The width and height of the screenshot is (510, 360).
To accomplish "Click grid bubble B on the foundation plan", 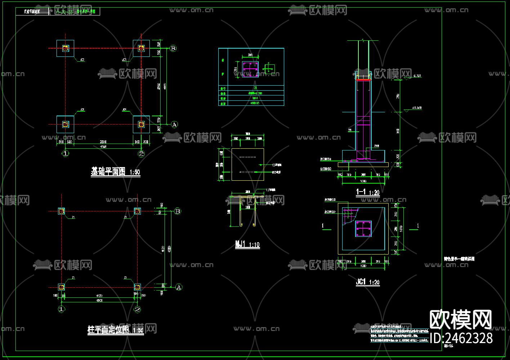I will click(173, 48).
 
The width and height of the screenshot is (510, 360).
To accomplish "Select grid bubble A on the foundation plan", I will click(174, 125).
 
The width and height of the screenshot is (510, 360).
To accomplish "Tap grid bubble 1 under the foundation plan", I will click(65, 154).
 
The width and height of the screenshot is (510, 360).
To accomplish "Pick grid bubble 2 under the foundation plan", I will click(141, 154).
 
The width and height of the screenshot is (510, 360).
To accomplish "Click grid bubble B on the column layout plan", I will click(178, 211).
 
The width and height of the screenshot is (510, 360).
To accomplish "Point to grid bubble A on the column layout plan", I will click(179, 287).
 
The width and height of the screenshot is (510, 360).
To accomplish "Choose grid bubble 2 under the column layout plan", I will click(137, 309).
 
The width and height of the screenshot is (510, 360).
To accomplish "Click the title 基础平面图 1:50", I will click(115, 172).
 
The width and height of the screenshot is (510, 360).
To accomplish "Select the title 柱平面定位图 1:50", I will click(116, 330).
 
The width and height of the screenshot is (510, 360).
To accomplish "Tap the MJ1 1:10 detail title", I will click(247, 245).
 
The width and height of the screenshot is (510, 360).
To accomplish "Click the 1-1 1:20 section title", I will click(368, 193).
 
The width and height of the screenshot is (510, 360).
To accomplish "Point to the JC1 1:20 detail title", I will click(368, 282).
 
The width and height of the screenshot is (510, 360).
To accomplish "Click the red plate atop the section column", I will click(363, 80).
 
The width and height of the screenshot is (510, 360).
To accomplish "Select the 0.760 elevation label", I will click(417, 76).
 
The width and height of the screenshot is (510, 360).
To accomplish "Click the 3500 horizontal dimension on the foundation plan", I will click(103, 142).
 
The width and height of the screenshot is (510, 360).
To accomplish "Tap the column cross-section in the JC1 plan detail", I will click(363, 229).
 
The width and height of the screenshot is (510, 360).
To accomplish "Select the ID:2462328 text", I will click(461, 338).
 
